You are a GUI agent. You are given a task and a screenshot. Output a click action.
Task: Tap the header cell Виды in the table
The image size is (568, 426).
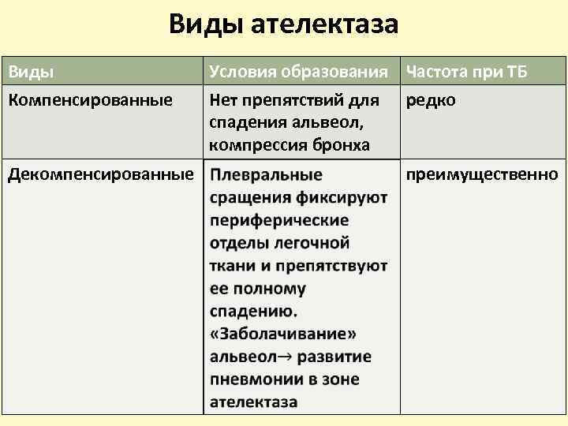(31, 73)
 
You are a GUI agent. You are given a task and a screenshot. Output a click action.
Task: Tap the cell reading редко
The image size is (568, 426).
(431, 101)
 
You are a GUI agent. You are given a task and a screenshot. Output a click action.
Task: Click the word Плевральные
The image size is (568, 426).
(266, 174)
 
